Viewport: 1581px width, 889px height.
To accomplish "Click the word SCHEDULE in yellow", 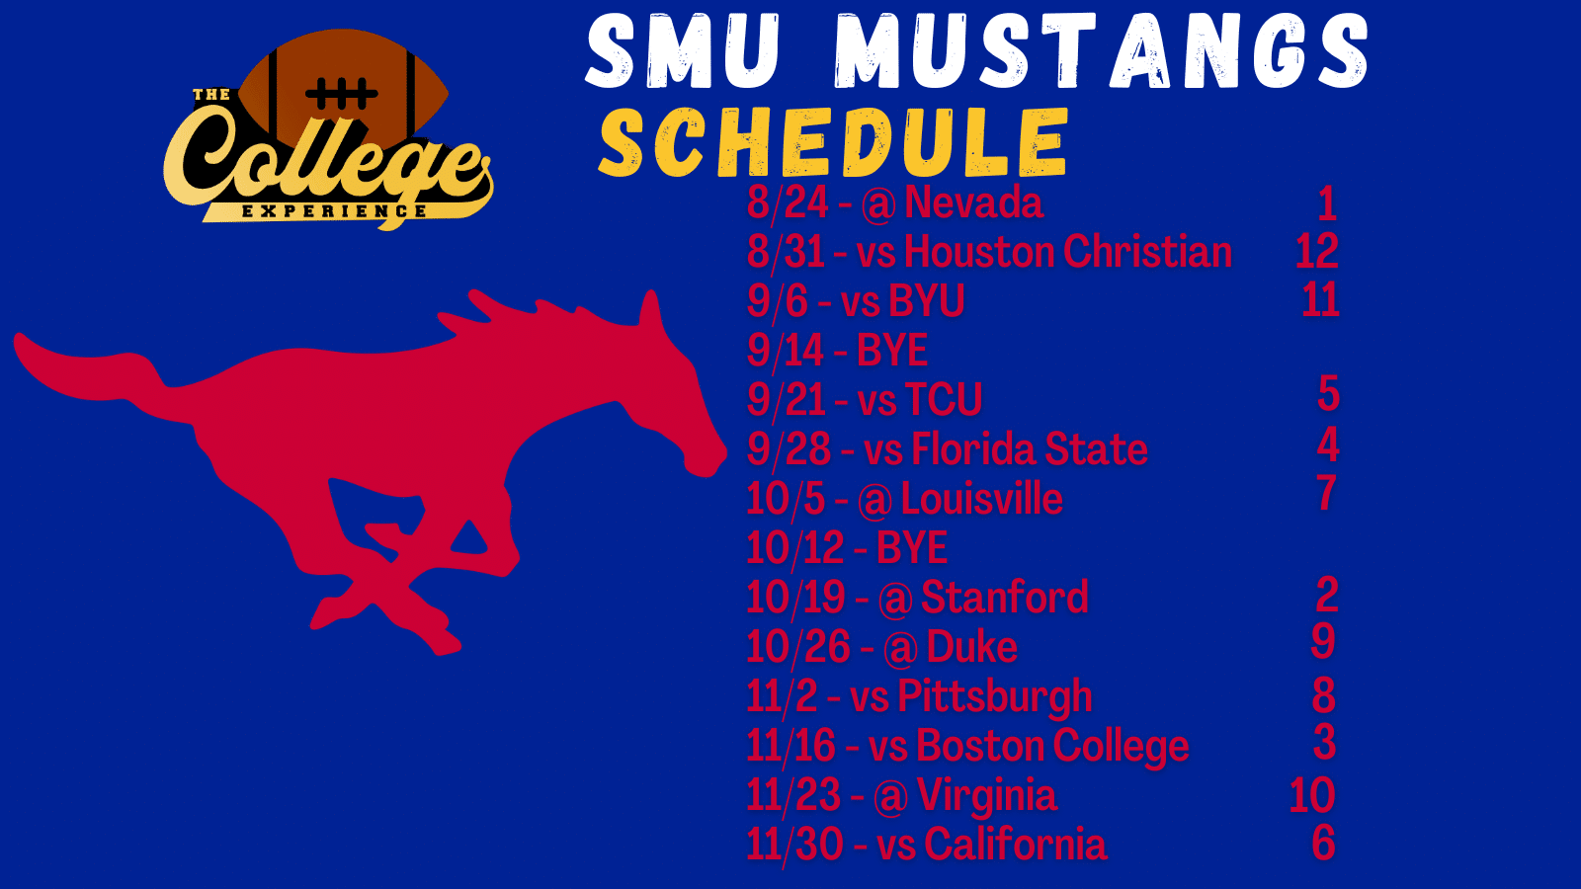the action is point(833,142).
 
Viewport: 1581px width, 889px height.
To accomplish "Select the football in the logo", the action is point(344,88).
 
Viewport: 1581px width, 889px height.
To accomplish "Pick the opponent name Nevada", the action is point(973,202).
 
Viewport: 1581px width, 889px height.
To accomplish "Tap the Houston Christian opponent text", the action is point(1068,252).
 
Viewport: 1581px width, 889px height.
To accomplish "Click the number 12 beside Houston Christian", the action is point(1317,251).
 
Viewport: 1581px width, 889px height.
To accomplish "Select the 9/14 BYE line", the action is point(837,351).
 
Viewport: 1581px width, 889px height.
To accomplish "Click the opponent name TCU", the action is point(943,400).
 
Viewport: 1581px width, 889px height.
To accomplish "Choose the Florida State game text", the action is point(1029,449).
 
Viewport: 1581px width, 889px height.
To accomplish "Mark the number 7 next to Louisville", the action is point(1326,493).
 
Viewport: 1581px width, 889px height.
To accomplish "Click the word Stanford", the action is point(1004,598).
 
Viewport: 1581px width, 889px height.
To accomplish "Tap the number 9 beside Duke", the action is point(1323,641).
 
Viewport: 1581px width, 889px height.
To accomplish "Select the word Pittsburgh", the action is point(994,697).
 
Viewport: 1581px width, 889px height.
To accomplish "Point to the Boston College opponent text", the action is point(1052,747).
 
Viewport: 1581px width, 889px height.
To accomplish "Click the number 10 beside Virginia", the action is point(1312,795).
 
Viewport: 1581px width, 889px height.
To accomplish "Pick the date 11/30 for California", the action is point(794,845).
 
